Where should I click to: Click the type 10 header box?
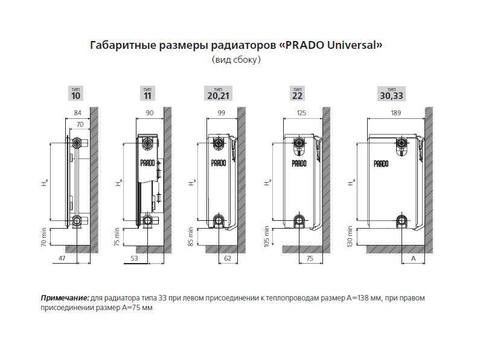pyautogui.click(x=75, y=94)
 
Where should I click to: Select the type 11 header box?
pyautogui.click(x=147, y=94)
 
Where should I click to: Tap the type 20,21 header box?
pyautogui.click(x=218, y=94)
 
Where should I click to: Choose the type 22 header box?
pyautogui.click(x=297, y=94)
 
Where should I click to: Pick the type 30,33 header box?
pyautogui.click(x=391, y=94)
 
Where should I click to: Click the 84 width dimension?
pyautogui.click(x=78, y=113)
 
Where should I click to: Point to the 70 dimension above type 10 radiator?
pyautogui.click(x=80, y=124)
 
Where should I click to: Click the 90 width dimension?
pyautogui.click(x=149, y=113)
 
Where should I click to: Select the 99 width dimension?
pyautogui.click(x=221, y=113)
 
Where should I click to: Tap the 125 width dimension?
pyautogui.click(x=301, y=113)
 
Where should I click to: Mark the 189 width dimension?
pyautogui.click(x=396, y=113)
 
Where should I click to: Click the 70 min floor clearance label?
pyautogui.click(x=43, y=237)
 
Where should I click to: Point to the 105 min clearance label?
pyautogui.click(x=266, y=236)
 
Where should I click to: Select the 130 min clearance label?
pyautogui.click(x=350, y=236)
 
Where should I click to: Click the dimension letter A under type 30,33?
pyautogui.click(x=414, y=258)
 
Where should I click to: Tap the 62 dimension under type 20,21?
pyautogui.click(x=228, y=258)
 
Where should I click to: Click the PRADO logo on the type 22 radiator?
pyautogui.click(x=299, y=163)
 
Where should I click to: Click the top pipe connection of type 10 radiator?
pyautogui.click(x=77, y=142)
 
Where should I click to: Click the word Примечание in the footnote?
pyautogui.click(x=65, y=298)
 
